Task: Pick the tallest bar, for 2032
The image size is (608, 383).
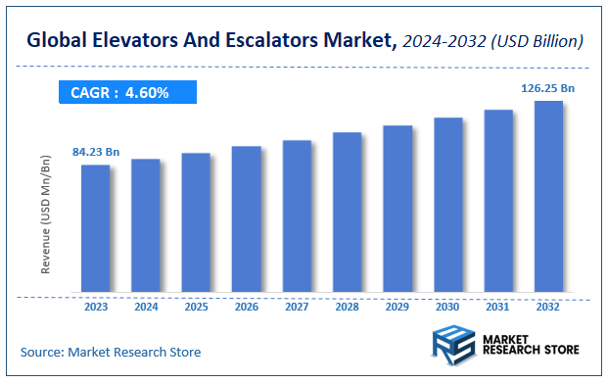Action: (547, 196)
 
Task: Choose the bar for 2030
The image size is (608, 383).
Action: (447, 205)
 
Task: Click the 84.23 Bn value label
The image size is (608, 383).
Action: (96, 152)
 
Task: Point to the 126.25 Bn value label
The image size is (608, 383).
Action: (547, 88)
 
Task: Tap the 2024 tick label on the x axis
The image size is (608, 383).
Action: (146, 306)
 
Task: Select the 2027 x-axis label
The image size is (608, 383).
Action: (297, 306)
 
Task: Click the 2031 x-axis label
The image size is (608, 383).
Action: (497, 306)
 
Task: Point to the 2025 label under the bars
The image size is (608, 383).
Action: (196, 306)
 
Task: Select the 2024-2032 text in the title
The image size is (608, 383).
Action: (442, 41)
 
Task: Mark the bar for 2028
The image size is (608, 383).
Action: (347, 213)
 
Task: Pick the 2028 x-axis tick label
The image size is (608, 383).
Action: (347, 306)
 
